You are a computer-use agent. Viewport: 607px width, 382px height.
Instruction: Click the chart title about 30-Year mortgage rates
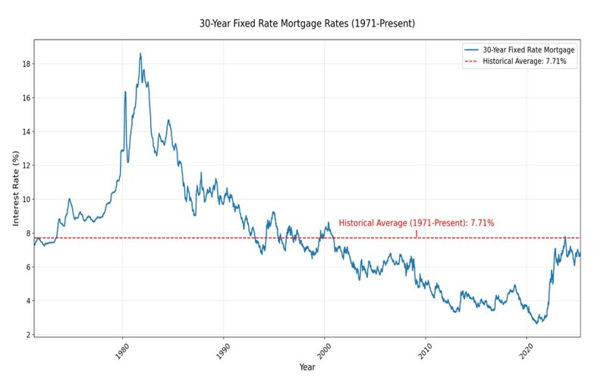(307, 24)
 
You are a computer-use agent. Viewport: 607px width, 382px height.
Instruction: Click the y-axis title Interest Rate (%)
(14, 188)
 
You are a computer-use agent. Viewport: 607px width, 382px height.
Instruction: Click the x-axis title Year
(307, 368)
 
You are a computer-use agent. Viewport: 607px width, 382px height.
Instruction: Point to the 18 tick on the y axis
(26, 64)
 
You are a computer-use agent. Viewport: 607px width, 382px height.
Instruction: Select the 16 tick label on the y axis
(26, 98)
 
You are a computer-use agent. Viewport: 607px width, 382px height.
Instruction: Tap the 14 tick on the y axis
(26, 131)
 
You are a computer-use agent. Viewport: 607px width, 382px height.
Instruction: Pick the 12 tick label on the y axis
(26, 166)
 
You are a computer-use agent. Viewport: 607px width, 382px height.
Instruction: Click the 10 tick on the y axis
(26, 199)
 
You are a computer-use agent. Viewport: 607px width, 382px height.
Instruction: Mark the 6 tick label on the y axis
(27, 267)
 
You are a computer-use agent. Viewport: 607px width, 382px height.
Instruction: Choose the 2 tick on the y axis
(27, 334)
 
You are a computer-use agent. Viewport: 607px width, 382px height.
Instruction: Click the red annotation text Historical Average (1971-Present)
(417, 223)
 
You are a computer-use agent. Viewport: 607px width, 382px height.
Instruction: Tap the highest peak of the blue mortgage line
(140, 54)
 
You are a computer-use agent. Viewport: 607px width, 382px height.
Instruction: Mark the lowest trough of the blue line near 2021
(536, 324)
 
